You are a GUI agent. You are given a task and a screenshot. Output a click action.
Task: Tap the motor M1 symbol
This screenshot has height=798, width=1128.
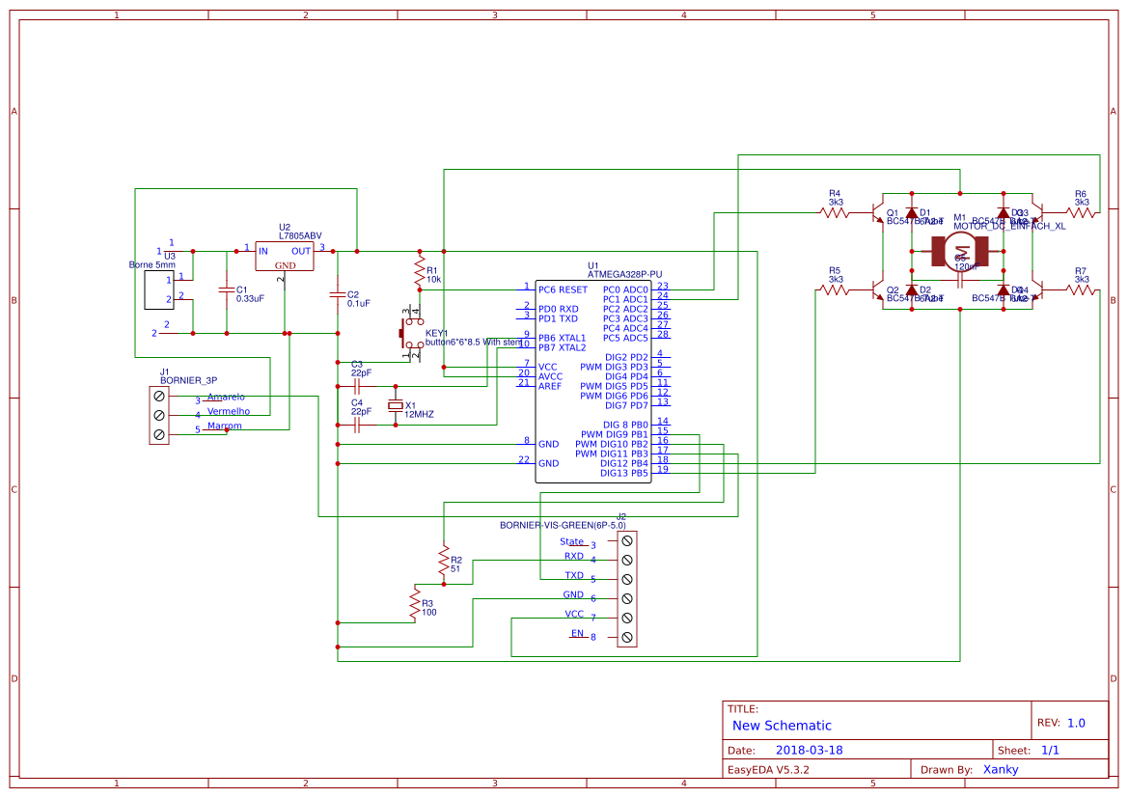[960, 250]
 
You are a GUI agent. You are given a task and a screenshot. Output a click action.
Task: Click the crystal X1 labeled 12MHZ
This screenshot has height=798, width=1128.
[394, 406]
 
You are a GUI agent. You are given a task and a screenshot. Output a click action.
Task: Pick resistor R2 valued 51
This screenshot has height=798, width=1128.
[443, 560]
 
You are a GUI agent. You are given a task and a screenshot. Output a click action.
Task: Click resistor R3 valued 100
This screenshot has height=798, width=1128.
[415, 604]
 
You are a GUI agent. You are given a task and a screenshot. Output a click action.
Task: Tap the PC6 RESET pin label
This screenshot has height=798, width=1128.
[563, 289]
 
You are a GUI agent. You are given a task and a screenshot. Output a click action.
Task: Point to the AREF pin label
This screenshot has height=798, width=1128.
[550, 386]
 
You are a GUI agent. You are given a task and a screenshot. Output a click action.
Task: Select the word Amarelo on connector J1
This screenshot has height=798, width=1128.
[226, 397]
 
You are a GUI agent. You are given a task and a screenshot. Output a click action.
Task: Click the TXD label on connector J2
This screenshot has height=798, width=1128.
[574, 575]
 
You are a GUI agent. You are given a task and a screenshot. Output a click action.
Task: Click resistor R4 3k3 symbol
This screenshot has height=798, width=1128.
[835, 212]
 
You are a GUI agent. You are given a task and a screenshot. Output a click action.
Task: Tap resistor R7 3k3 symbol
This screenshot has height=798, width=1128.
[1081, 289]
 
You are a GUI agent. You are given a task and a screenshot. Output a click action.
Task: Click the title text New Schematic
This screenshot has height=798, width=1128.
[782, 726]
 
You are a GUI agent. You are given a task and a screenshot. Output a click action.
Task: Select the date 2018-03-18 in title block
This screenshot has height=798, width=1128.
[809, 750]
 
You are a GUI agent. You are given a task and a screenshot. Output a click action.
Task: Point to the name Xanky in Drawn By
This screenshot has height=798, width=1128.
[1000, 769]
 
